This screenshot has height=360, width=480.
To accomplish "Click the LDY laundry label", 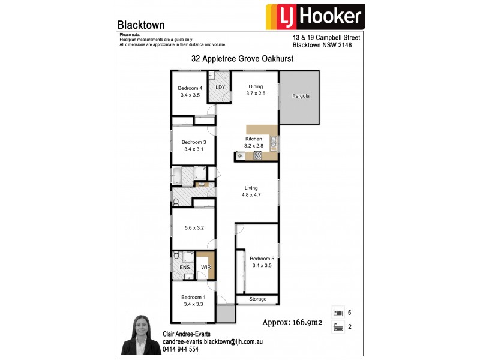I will (220, 88).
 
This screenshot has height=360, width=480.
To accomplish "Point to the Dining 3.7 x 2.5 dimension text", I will (255, 94).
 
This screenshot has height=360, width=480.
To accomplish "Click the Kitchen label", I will (254, 139).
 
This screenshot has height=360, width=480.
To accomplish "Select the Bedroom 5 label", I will (262, 259).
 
